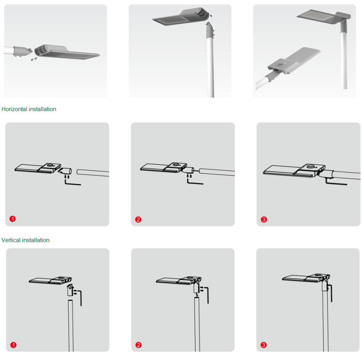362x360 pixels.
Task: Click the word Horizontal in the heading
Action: (x=14, y=109)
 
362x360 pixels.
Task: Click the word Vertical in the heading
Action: (x=11, y=240)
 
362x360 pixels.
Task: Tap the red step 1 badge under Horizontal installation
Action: (x=12, y=219)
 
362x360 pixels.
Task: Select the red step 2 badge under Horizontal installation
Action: (x=138, y=219)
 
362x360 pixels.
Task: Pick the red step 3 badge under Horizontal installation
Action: (x=264, y=219)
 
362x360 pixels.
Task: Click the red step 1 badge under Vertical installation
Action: (x=13, y=345)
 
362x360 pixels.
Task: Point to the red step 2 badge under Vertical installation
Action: (x=138, y=345)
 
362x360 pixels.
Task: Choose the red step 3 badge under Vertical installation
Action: (x=263, y=345)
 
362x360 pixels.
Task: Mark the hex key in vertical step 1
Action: (x=81, y=298)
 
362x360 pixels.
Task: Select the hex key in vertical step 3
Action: (x=331, y=293)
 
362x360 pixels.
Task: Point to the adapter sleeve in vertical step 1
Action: (x=70, y=290)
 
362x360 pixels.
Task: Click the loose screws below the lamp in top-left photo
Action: (x=34, y=59)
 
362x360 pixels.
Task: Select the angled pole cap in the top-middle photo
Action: (x=210, y=30)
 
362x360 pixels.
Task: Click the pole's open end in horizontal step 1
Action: (x=78, y=172)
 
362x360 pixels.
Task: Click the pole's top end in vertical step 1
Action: (x=70, y=301)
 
